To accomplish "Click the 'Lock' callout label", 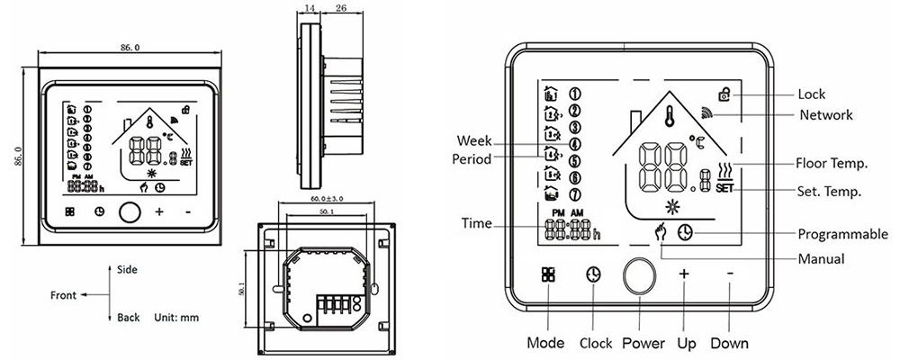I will [x=812, y=94].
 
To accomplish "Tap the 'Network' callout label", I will [x=825, y=115].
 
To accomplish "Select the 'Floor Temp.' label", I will [x=831, y=164].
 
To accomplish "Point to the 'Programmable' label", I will [x=842, y=234].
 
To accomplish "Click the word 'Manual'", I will [x=821, y=259].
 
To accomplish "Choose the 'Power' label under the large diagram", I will [x=643, y=343].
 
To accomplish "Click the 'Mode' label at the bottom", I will [x=546, y=343].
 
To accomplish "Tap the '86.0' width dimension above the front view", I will [x=129, y=46].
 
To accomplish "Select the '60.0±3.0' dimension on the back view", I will [x=330, y=197].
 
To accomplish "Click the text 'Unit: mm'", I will [x=175, y=318].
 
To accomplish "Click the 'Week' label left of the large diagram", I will [x=473, y=141].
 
